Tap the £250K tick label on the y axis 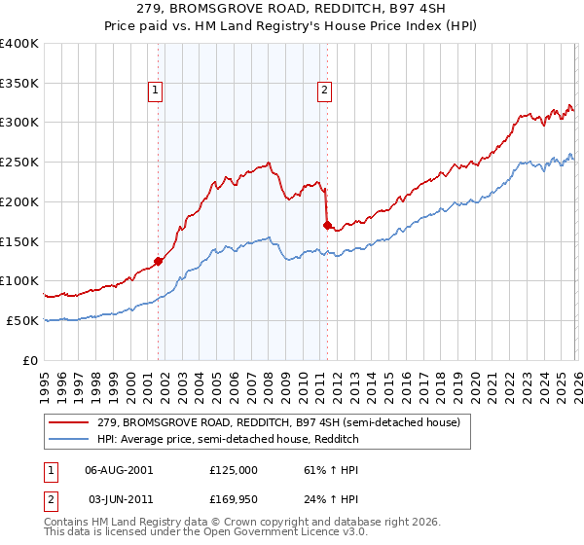19,162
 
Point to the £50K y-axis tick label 22,320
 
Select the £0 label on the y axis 31,360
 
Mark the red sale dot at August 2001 158,261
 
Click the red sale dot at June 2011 326,225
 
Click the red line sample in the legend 69,422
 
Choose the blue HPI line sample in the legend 69,439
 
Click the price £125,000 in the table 234,469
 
